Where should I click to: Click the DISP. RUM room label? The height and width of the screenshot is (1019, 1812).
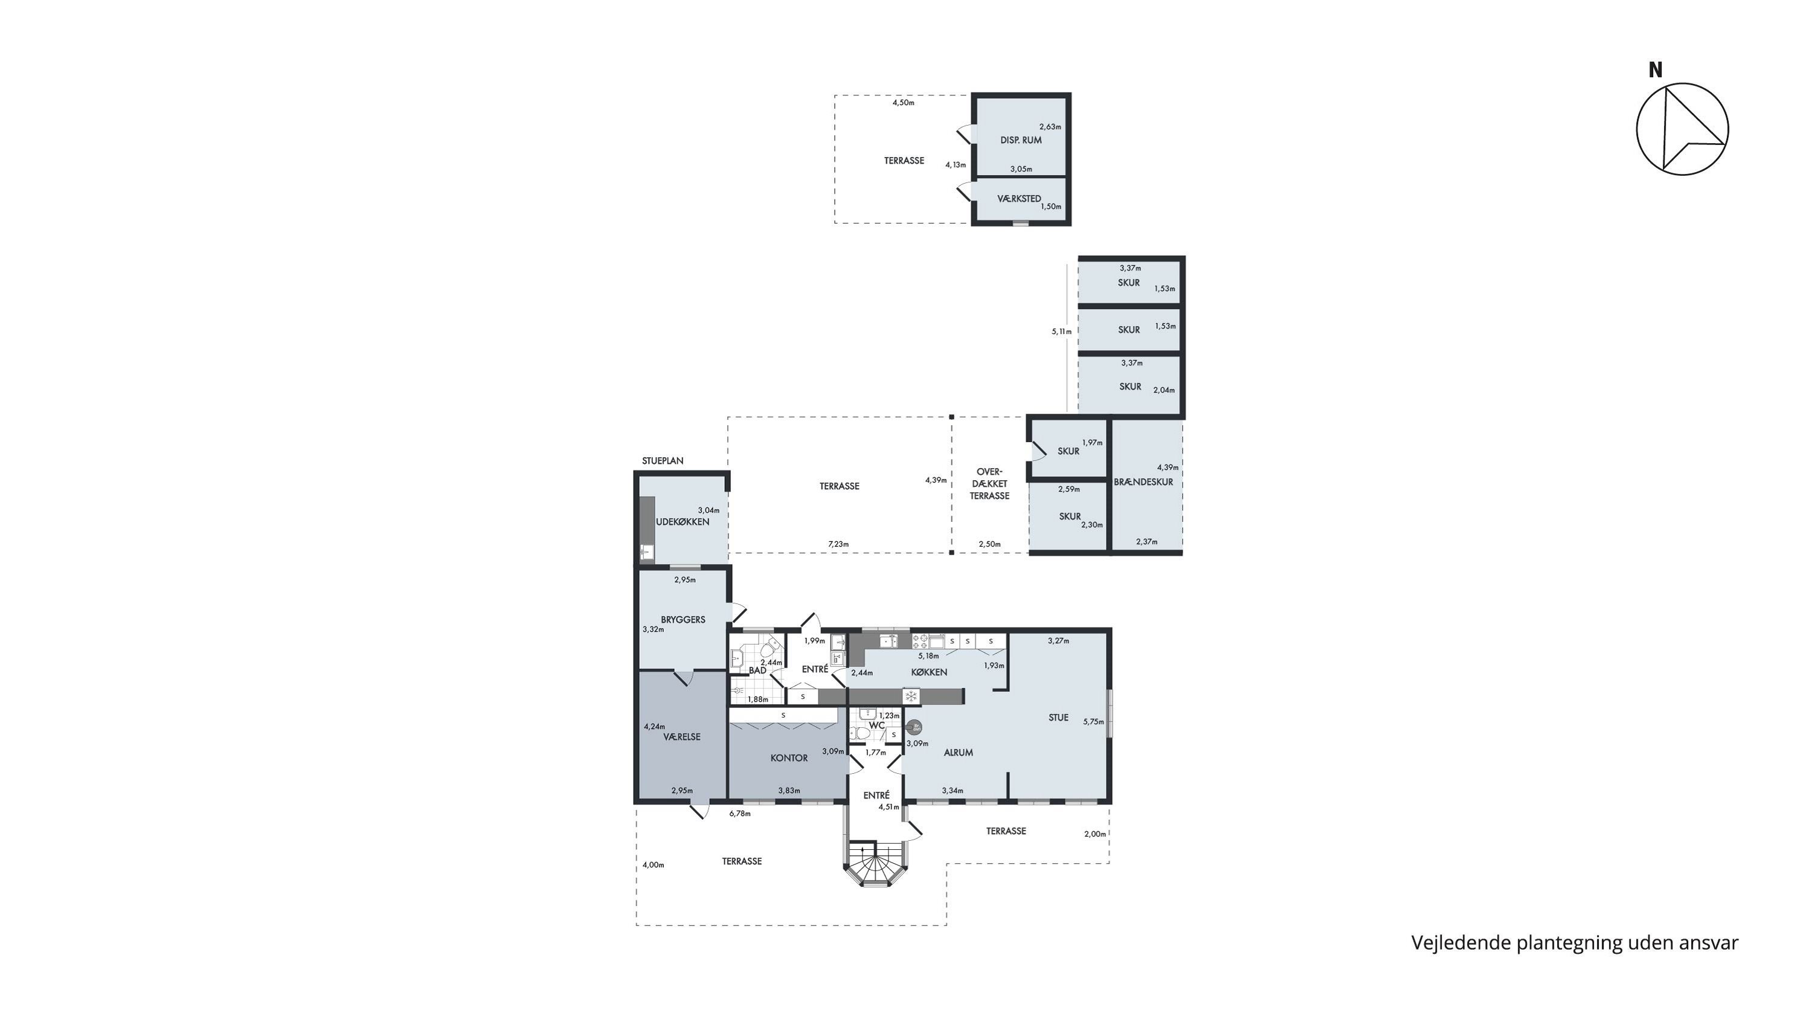coord(1021,140)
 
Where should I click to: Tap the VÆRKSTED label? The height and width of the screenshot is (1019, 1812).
coord(1020,199)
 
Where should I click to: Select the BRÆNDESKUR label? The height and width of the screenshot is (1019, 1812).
coord(1143,482)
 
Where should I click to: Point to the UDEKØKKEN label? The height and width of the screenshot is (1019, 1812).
coord(683,522)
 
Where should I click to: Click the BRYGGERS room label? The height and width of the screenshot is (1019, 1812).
coord(683,620)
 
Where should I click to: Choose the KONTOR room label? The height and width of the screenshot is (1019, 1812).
coord(789,758)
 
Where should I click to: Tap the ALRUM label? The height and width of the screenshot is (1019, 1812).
coord(958,753)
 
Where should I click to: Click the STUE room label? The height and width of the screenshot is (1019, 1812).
coord(1059,718)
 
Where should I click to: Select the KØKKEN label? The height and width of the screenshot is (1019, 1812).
coord(929,672)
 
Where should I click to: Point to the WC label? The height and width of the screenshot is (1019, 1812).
coord(876,725)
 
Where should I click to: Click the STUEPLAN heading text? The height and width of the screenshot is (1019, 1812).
coord(663,461)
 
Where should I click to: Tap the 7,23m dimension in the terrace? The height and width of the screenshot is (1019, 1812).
coord(838,544)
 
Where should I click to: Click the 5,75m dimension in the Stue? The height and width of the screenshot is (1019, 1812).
coord(1094,722)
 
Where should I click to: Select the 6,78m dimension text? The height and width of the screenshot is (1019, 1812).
coord(740,814)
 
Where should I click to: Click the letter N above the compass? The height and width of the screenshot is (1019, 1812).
coord(1656,70)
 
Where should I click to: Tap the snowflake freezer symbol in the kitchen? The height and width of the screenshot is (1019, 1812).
coord(911,696)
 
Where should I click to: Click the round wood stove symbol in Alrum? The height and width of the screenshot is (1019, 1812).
coord(915,727)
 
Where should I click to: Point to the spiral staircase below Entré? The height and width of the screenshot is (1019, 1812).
coord(876,864)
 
